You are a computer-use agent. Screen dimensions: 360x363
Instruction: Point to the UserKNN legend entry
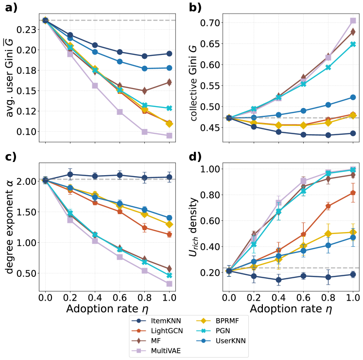click(224, 341)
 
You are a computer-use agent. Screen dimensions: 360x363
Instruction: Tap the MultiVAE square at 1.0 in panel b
click(353, 20)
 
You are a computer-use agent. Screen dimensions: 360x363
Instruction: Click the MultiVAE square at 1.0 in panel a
click(170, 136)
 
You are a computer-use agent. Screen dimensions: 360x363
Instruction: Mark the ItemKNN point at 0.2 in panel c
click(70, 174)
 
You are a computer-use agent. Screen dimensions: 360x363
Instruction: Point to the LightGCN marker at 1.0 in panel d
click(353, 193)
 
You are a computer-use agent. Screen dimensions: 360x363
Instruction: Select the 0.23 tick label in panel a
click(27, 30)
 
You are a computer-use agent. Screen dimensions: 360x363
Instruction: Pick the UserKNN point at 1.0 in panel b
click(353, 97)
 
